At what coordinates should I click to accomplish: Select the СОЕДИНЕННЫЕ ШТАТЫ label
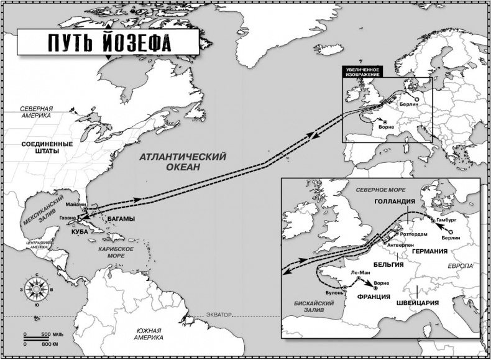tap(47, 147)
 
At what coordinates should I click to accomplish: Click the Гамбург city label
tap(449, 220)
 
